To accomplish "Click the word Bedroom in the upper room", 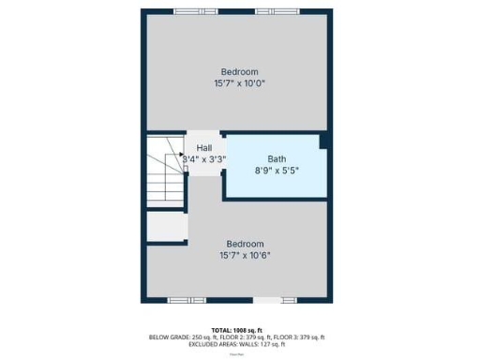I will click(239, 71).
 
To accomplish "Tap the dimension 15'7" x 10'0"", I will click(239, 82).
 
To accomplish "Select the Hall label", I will click(203, 148).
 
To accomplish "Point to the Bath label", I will click(277, 158).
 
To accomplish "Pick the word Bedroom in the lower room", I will click(245, 243).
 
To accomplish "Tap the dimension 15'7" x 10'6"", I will click(245, 254).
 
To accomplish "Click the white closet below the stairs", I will click(167, 226).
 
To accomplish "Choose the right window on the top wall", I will click(278, 11).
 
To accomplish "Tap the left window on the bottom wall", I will click(180, 300).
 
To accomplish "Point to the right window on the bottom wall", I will click(267, 300).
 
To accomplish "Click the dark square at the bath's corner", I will click(324, 141).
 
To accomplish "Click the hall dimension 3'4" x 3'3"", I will click(203, 159).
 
